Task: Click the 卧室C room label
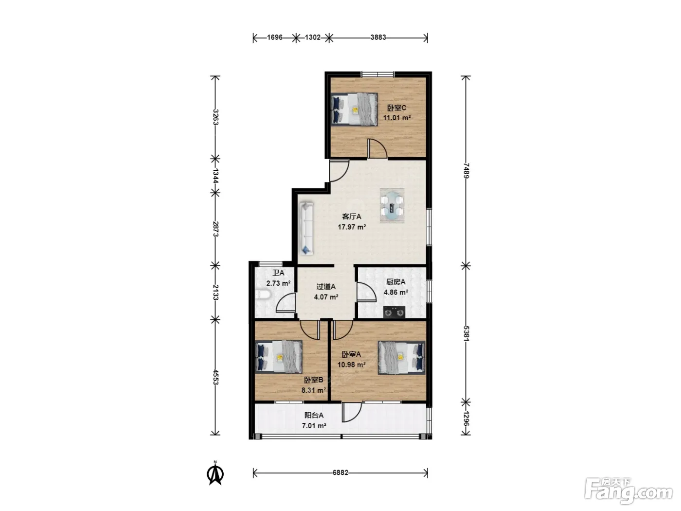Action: tap(396, 108)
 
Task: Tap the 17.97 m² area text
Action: tap(352, 227)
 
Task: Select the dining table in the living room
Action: tap(392, 206)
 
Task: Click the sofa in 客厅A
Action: tap(306, 228)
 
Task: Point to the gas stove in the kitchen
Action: tap(394, 312)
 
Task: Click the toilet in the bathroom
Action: tap(263, 294)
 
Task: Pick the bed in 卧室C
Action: tap(354, 109)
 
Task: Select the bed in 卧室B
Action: tap(279, 357)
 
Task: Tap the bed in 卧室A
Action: tap(401, 357)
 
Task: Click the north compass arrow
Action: tap(215, 473)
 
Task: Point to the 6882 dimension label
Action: tap(340, 473)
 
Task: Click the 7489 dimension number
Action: tap(466, 170)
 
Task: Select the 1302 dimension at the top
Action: tap(312, 37)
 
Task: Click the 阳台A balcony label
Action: tap(314, 415)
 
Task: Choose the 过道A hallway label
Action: tap(326, 286)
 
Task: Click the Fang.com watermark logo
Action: tap(629, 492)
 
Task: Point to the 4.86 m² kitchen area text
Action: tap(395, 292)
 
